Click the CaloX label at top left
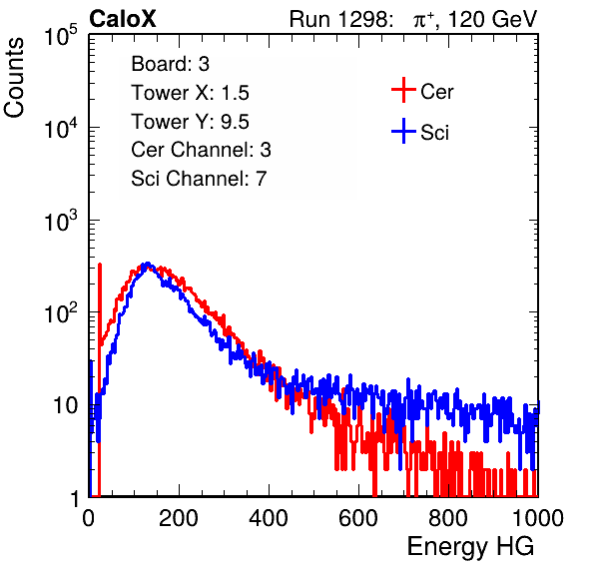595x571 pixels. (x=123, y=19)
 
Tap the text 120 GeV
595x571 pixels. (x=493, y=19)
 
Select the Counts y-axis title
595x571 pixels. (x=14, y=78)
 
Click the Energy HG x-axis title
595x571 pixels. (x=470, y=547)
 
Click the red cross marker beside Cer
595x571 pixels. (x=403, y=90)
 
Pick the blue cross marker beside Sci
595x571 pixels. (x=403, y=132)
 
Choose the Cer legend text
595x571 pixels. (x=436, y=92)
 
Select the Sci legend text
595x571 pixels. (x=435, y=133)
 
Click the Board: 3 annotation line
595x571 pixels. (x=170, y=64)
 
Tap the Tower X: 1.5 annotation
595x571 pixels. (x=190, y=93)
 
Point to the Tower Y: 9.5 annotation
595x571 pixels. (x=190, y=122)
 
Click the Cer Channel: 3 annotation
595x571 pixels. (x=201, y=150)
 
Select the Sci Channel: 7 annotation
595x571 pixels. (x=199, y=179)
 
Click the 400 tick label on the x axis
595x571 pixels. (x=269, y=518)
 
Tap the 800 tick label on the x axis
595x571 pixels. (x=448, y=518)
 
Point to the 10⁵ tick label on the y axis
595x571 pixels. (x=61, y=36)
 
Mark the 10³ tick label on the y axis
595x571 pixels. (x=61, y=221)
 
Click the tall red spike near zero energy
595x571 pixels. (x=100, y=379)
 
